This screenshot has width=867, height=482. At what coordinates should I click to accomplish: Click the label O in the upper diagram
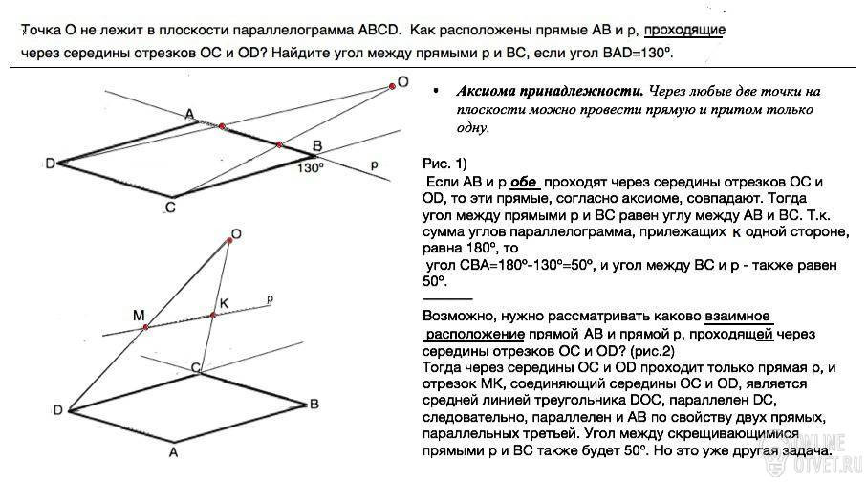tap(402, 82)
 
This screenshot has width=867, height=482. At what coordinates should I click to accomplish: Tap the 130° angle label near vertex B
tap(311, 167)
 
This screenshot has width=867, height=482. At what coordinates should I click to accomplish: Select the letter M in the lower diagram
tap(139, 315)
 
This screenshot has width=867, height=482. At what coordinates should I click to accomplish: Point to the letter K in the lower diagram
tap(224, 303)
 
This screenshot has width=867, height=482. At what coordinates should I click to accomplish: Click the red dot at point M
tap(145, 328)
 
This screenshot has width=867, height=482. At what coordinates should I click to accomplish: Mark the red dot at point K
tap(213, 316)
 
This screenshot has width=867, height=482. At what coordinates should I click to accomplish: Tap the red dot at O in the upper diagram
tap(392, 86)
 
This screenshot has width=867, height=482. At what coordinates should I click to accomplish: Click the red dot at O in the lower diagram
tap(229, 240)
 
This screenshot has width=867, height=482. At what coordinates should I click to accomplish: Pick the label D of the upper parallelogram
tap(51, 164)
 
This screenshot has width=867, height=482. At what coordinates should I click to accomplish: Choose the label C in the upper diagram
tap(170, 208)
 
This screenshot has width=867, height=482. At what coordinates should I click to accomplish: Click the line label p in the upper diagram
tap(375, 164)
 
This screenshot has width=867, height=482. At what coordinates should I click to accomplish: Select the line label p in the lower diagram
tap(270, 298)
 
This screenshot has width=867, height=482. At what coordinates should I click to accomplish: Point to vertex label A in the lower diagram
tap(173, 452)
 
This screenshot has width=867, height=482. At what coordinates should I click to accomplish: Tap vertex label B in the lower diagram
tap(314, 404)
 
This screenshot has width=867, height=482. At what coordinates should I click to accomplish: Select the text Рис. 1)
tap(444, 164)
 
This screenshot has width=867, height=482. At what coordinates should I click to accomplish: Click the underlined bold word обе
tap(523, 182)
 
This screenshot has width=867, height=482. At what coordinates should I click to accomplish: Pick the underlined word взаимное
tap(737, 316)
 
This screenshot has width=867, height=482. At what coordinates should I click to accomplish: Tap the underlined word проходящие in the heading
tap(684, 30)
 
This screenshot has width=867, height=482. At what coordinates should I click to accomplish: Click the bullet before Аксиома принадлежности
tap(436, 91)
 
